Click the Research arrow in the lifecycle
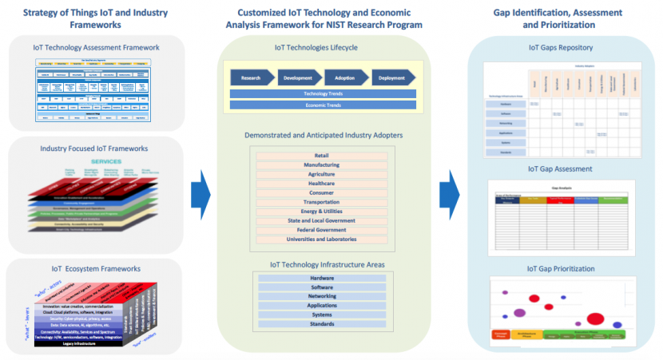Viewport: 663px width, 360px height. (252, 77)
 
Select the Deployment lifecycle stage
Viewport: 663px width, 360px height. (394, 77)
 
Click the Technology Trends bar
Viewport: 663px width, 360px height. (323, 94)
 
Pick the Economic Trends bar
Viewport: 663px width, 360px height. (323, 105)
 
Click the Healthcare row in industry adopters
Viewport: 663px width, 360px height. (322, 183)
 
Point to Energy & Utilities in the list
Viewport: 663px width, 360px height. (322, 211)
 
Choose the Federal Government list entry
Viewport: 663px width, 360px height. (322, 230)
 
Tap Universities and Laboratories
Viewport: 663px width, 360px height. (322, 239)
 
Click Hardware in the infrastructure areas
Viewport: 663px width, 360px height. (322, 278)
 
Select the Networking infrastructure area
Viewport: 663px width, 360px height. (322, 295)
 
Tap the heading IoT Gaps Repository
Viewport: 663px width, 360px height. (561, 48)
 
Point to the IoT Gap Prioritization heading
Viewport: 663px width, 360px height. (561, 268)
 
